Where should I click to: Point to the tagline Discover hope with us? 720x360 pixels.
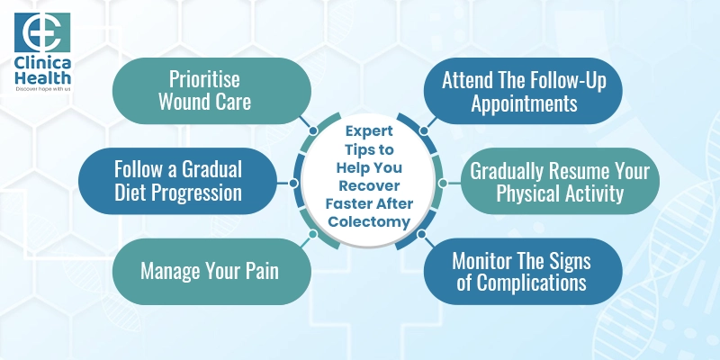tap(38, 90)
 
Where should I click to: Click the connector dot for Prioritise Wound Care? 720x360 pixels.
tap(312, 130)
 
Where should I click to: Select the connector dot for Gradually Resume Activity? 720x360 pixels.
tap(443, 181)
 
